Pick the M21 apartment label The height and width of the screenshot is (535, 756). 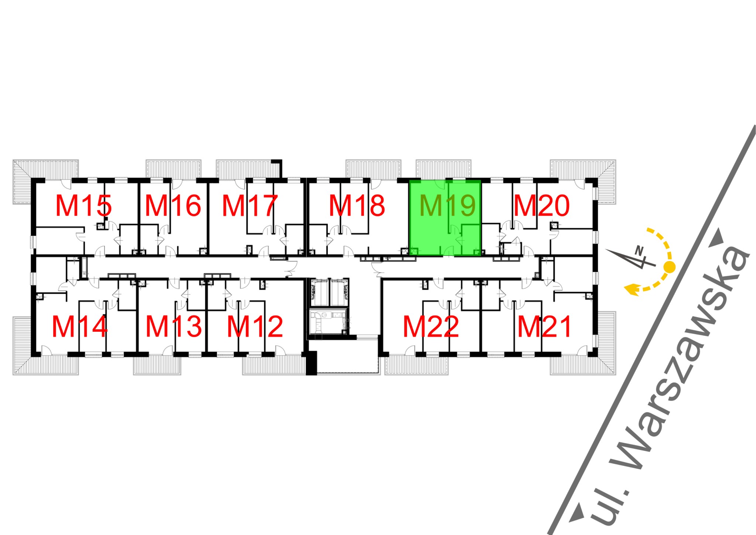(x=544, y=327)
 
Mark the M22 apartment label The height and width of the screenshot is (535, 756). (x=431, y=327)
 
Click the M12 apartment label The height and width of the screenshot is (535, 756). (x=255, y=327)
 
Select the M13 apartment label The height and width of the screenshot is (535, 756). (x=173, y=327)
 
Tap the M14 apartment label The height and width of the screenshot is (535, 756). (x=80, y=327)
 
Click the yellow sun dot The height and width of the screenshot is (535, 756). (x=669, y=266)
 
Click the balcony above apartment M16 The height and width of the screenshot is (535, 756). (x=173, y=169)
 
